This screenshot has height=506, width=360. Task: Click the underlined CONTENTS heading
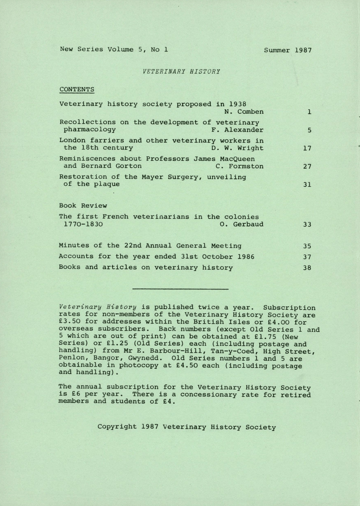(77, 89)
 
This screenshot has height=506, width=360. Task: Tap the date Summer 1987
(288, 50)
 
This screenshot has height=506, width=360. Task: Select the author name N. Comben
(244, 112)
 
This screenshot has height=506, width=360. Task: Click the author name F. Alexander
(238, 130)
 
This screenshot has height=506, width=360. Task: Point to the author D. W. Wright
(238, 148)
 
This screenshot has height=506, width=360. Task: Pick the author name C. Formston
(240, 166)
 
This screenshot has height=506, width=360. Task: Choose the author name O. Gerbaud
(242, 224)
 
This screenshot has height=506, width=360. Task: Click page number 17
(307, 148)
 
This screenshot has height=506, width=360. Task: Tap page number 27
(307, 166)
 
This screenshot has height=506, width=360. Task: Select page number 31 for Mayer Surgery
(307, 185)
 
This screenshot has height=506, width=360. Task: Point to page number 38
(307, 268)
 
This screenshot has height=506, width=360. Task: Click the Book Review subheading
(83, 206)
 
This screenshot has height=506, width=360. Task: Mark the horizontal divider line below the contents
(180, 289)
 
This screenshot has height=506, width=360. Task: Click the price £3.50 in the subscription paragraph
(70, 322)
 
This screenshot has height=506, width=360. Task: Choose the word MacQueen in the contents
(237, 159)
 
